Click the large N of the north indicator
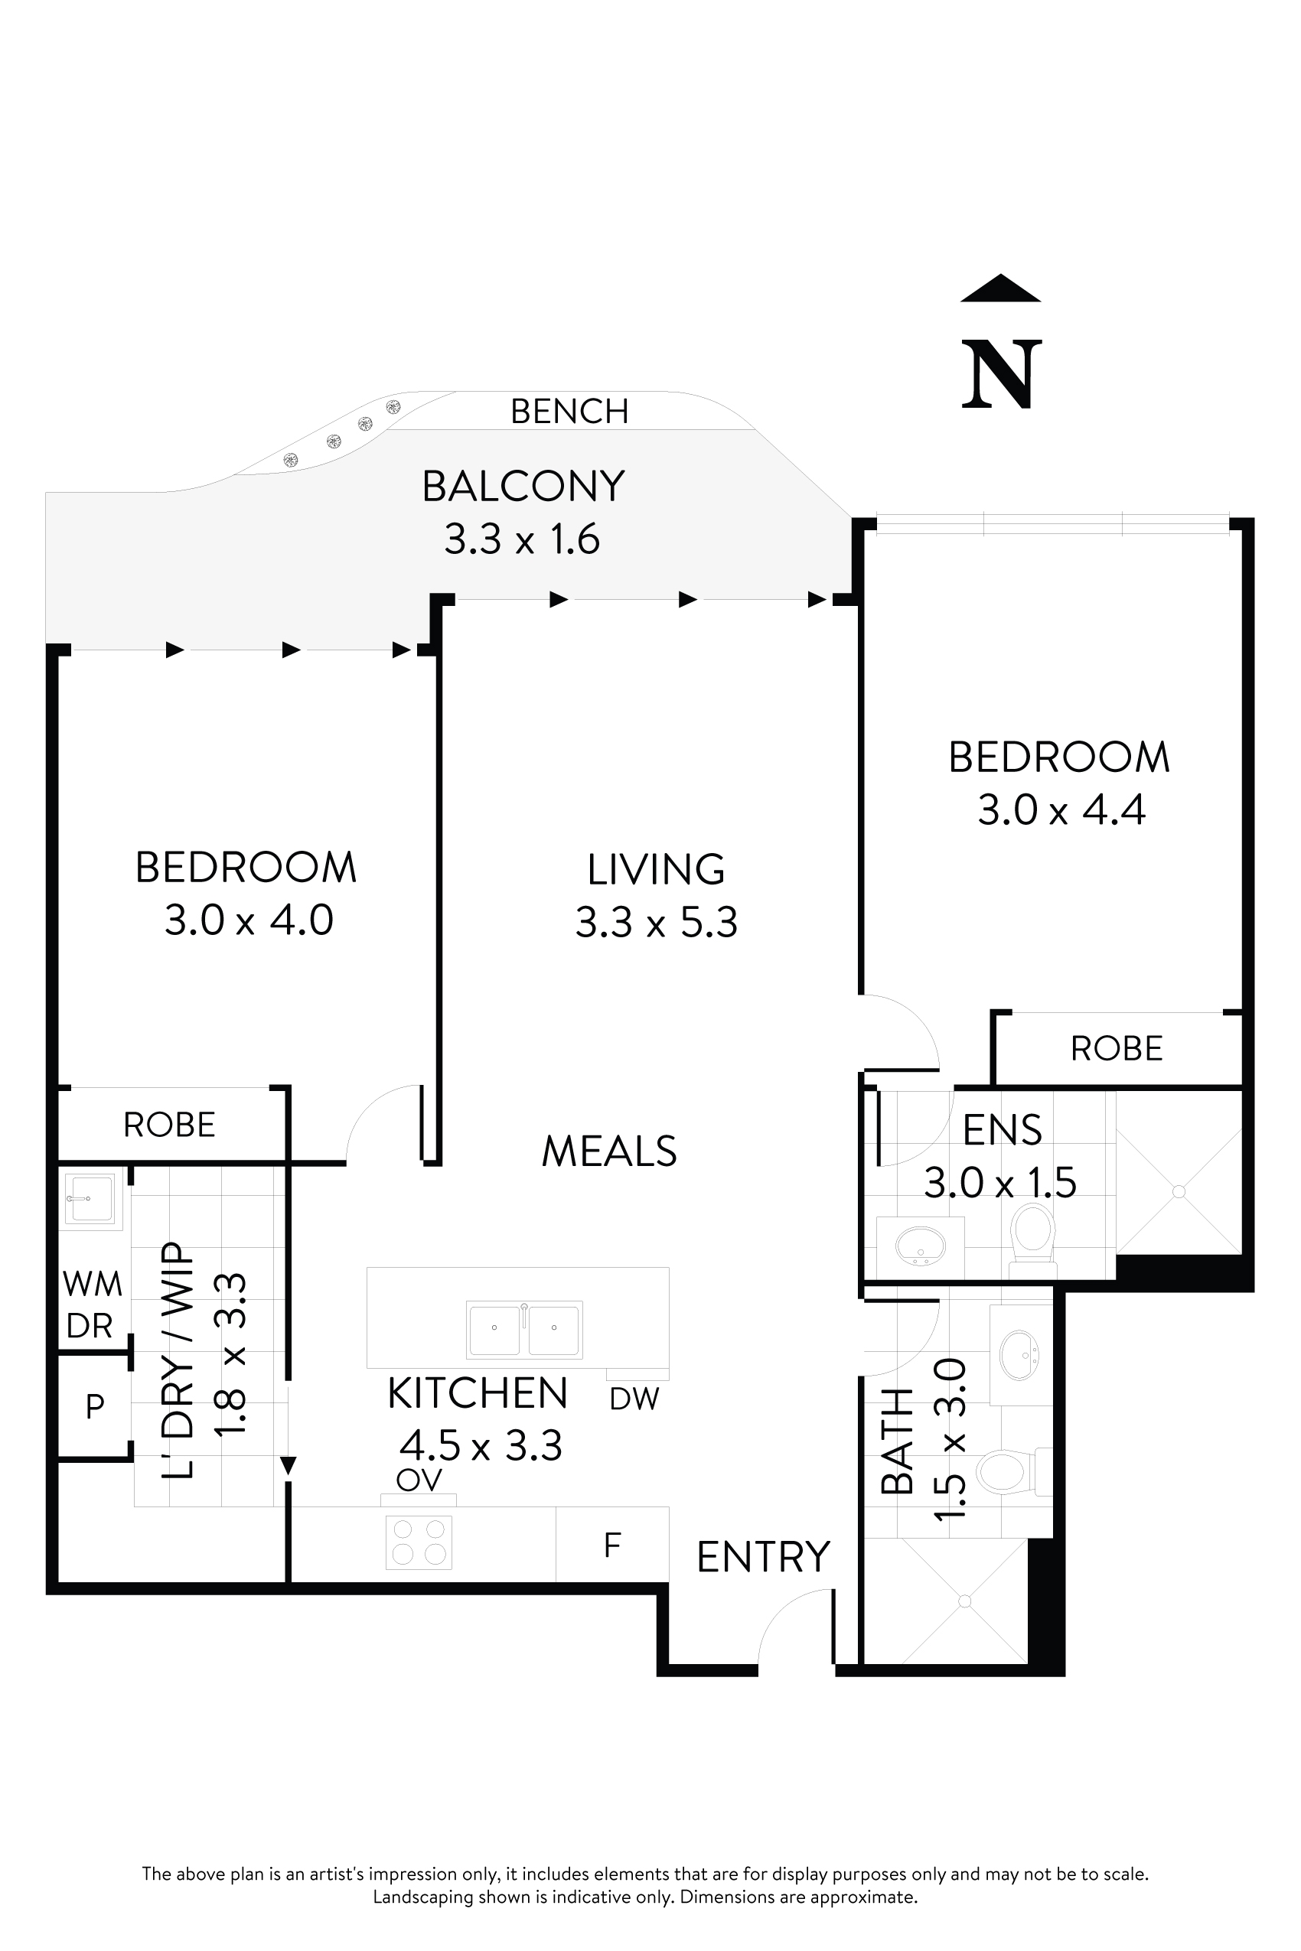tap(1001, 374)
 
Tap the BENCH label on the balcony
tap(569, 412)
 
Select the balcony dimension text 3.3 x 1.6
tap(522, 540)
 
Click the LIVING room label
tap(656, 869)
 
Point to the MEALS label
tap(609, 1151)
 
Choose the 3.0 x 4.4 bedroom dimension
tap(1061, 810)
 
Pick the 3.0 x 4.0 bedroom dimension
tap(248, 920)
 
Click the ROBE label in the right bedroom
tap(1116, 1049)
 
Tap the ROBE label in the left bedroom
tap(169, 1125)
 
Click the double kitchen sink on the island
tap(524, 1329)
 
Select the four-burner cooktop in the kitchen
tap(419, 1542)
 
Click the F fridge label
tap(612, 1545)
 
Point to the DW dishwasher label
tap(634, 1399)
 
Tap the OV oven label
tap(419, 1480)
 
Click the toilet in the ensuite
tap(1033, 1238)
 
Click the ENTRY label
tap(762, 1557)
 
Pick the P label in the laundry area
tap(95, 1406)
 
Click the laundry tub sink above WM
tap(92, 1199)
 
